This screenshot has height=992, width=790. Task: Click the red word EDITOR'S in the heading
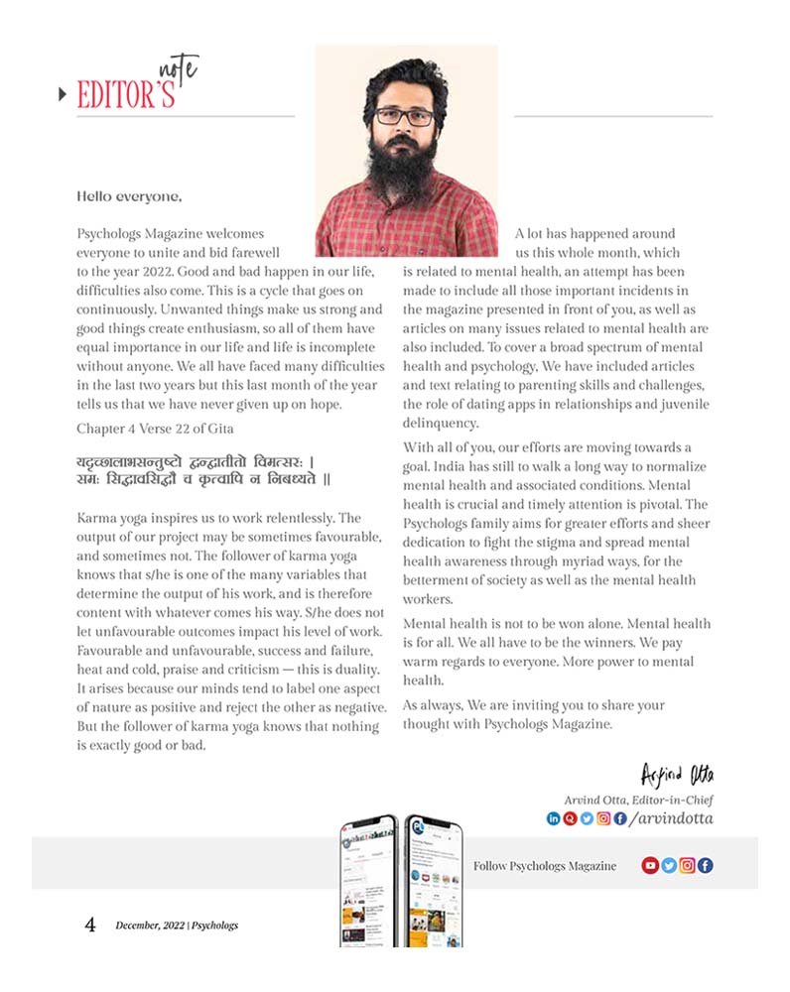coord(126,94)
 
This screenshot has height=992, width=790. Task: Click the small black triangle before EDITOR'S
coord(63,94)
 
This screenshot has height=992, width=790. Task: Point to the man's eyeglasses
coord(405,116)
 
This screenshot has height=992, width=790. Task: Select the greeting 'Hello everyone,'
coord(129,196)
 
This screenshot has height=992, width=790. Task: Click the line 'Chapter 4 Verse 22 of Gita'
coord(155,428)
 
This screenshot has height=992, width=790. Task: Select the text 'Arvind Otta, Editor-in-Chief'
coord(638,800)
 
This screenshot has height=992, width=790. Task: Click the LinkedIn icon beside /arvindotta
coord(554,818)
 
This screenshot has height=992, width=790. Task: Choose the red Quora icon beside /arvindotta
coord(570,818)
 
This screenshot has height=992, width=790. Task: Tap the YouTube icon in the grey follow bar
coord(650,865)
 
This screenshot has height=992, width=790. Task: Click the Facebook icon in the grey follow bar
coord(705,865)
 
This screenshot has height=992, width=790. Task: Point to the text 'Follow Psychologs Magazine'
coord(544,866)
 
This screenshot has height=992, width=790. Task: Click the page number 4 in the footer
coord(90,926)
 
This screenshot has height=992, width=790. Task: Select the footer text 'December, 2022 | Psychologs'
coord(177,926)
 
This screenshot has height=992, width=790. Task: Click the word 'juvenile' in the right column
coord(684,404)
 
